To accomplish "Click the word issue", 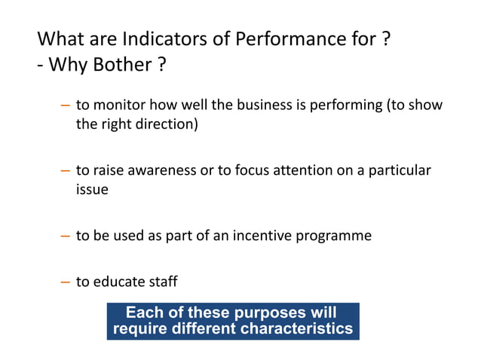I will coord(91,190).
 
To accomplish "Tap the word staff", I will coord(162,282).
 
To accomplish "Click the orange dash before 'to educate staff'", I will coord(66,282).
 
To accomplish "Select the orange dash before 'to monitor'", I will coord(66,105).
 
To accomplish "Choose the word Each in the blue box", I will coord(142,313).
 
